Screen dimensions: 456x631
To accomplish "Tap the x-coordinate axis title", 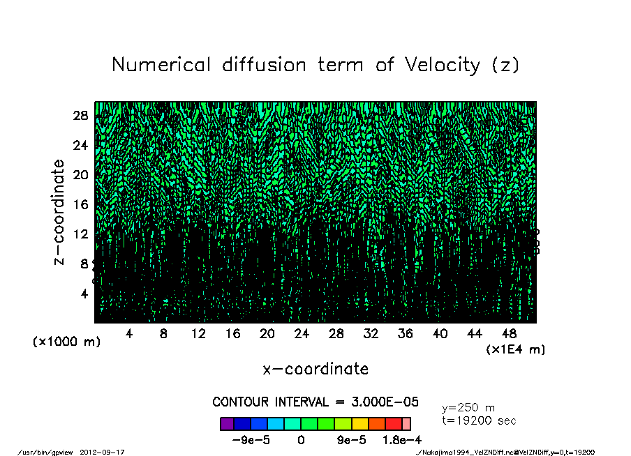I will (315, 368).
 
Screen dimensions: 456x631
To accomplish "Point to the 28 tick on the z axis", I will (80, 115).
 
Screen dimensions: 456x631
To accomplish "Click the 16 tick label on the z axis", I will (80, 204).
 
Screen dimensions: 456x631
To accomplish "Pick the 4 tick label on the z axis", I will (84, 294).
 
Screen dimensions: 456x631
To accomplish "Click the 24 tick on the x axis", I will (302, 334).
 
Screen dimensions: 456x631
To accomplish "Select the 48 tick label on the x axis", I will (510, 334).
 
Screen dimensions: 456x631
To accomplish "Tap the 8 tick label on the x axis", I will (163, 334).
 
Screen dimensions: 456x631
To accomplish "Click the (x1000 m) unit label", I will (66, 342).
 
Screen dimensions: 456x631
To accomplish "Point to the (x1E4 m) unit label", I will (515, 349).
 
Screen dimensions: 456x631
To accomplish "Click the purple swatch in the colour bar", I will (227, 424).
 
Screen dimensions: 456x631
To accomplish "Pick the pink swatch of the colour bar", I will (406, 424).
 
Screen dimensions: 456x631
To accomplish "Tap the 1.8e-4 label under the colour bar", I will (394, 440).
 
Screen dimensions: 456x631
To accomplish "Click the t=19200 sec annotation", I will (480, 420).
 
